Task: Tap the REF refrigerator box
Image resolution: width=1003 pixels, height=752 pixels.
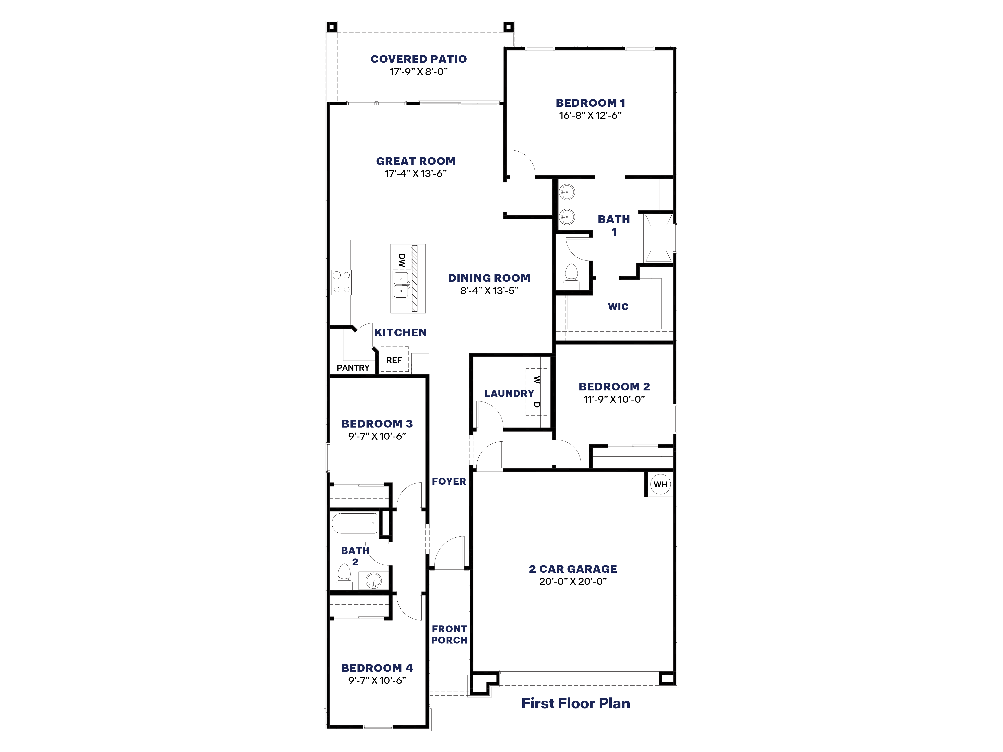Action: point(394,360)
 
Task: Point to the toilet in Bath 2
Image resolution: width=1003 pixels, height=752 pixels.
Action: point(344,578)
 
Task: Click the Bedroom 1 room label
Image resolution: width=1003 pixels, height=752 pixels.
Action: point(590,103)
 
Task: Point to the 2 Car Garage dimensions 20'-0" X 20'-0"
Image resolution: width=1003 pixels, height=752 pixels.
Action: point(573,582)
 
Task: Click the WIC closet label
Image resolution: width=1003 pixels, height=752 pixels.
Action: point(618,307)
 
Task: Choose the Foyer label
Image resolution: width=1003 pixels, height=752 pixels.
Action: point(449,481)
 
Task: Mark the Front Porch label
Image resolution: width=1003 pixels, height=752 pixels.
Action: point(449,635)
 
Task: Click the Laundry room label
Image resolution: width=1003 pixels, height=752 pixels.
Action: point(509,393)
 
